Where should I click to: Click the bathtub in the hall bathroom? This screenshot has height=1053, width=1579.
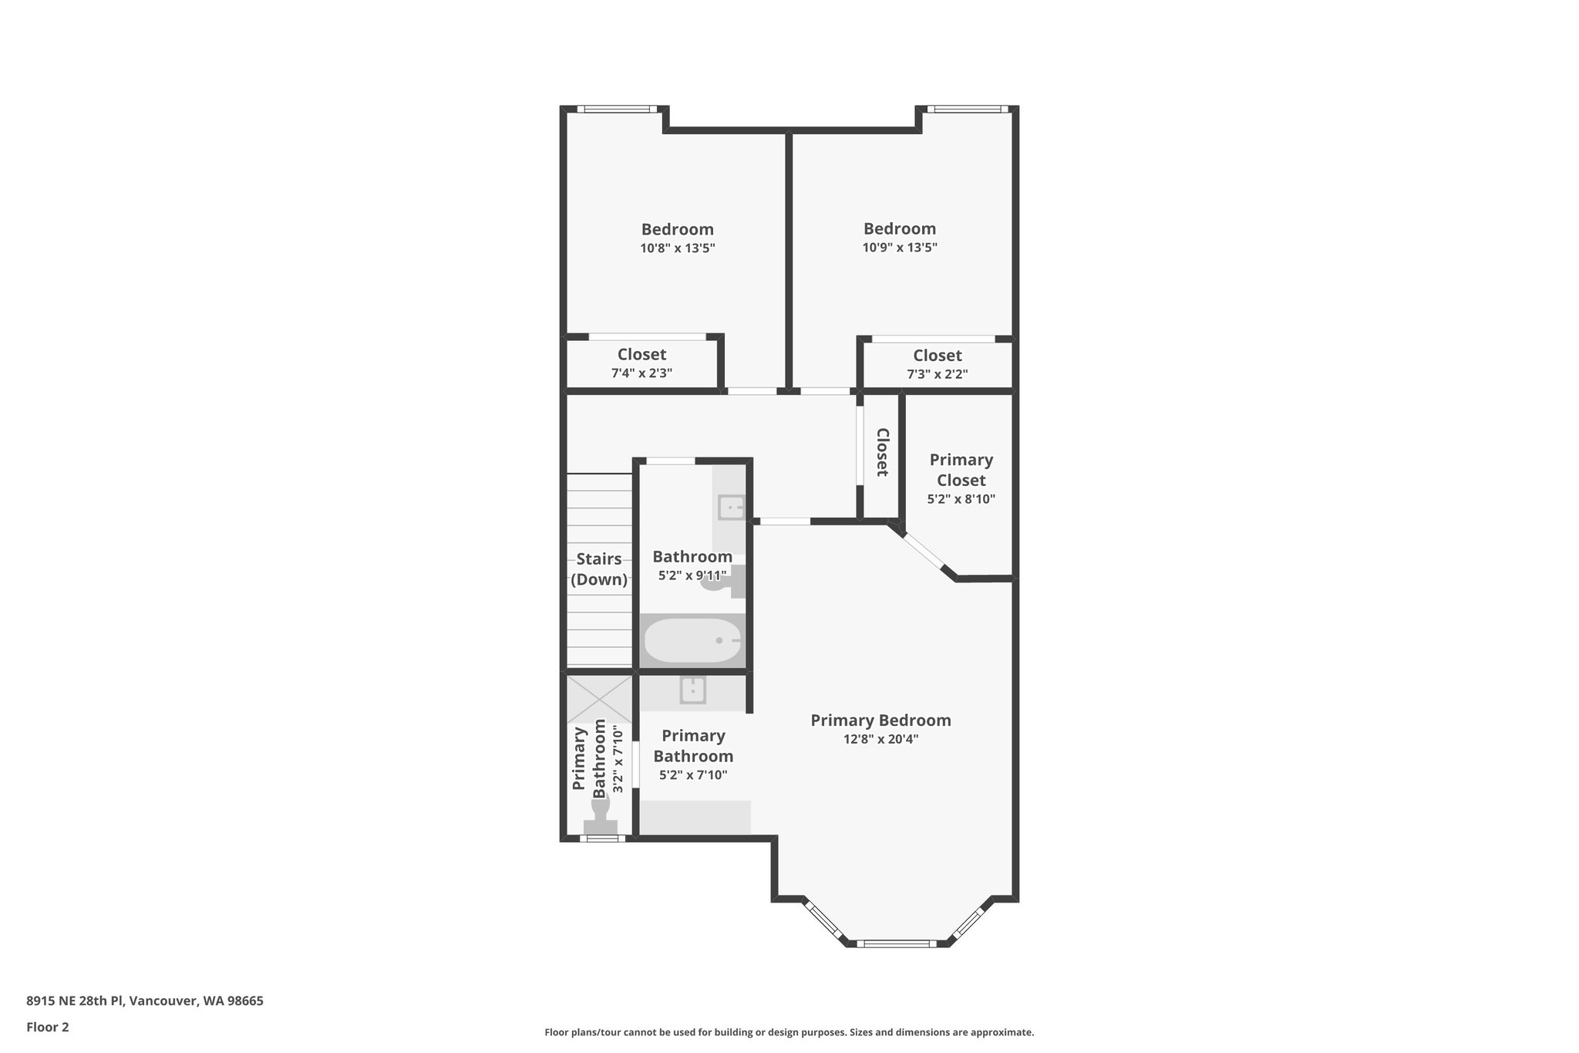[x=692, y=640]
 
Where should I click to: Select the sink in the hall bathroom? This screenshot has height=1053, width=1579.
[x=730, y=508]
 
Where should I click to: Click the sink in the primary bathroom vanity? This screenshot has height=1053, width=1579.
[x=692, y=690]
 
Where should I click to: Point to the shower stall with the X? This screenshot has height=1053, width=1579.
[x=599, y=699]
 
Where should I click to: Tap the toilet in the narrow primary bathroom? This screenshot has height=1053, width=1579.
[x=601, y=818]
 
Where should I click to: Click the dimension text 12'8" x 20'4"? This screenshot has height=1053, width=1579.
[x=880, y=739]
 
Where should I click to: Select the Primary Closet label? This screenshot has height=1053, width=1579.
[x=961, y=470]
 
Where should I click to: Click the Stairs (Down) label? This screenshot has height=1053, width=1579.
[x=599, y=569]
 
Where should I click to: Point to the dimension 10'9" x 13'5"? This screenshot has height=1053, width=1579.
[x=900, y=248]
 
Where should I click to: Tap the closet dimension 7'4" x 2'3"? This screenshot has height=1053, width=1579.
[x=641, y=373]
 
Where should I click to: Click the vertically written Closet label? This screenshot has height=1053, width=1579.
[x=883, y=452]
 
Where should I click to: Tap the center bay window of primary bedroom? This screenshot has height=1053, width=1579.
[x=896, y=943]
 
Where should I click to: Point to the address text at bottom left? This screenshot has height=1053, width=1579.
[x=145, y=1001]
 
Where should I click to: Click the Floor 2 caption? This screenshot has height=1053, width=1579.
[x=48, y=1027]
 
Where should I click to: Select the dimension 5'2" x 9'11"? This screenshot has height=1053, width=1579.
[x=692, y=575]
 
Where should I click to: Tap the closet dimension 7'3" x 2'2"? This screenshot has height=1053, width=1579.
[x=937, y=374]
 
